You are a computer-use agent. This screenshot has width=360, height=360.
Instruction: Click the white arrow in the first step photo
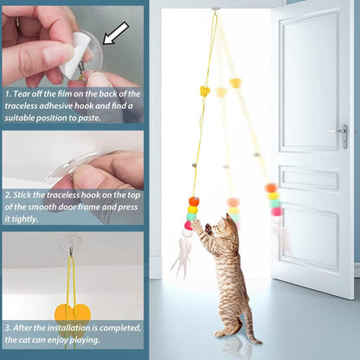coord(114,32)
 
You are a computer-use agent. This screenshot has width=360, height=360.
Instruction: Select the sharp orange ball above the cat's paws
coord(194,201)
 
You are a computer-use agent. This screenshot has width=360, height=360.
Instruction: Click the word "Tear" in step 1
coord(25,93)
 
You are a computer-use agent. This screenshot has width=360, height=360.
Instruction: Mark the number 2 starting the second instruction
coord(7,196)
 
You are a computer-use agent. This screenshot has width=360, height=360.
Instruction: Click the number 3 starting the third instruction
coord(7,329)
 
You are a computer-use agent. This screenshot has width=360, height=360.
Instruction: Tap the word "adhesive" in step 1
coord(58,105)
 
